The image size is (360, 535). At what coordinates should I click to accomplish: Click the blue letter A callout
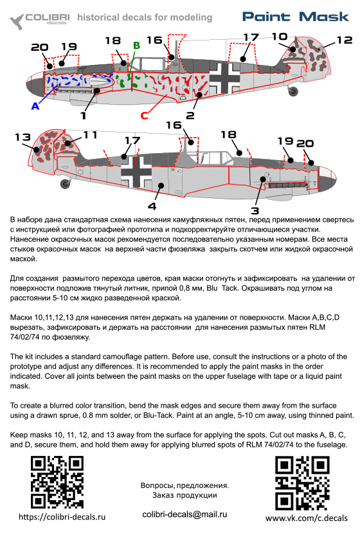[x=35, y=106]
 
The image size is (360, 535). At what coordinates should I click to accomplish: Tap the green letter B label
[x=136, y=46]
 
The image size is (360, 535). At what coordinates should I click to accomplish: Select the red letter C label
[x=145, y=115]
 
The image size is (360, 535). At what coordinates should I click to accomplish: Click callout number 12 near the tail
[x=345, y=41]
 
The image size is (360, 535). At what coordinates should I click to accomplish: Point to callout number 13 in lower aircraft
[x=22, y=137]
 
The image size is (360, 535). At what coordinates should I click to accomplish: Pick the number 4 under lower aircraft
[x=152, y=206]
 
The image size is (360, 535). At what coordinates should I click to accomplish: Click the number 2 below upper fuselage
[x=190, y=115]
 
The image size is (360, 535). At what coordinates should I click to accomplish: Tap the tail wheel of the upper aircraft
[x=292, y=91]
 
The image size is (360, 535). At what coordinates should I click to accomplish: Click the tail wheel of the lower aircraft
[x=65, y=183]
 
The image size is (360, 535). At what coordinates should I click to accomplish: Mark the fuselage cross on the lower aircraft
[x=136, y=172]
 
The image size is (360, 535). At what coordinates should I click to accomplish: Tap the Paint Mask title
[x=296, y=17]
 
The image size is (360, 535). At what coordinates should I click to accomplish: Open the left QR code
[x=57, y=482]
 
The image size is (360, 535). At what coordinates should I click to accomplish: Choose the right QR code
[x=302, y=483]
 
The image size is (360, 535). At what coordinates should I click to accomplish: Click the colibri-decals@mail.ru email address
[x=184, y=514]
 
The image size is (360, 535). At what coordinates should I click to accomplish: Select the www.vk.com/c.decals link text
[x=307, y=518]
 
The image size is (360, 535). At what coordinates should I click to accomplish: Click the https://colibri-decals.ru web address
[x=62, y=517]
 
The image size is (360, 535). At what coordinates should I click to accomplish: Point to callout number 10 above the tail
[x=280, y=37]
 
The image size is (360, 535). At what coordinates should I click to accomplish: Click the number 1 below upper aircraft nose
[x=83, y=115]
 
